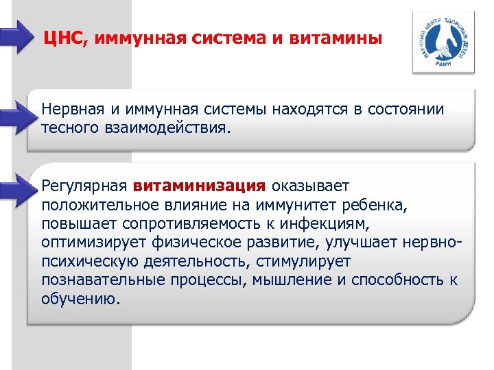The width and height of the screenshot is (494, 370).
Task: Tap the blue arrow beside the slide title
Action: coord(16,36)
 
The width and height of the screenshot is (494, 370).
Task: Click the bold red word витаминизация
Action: coord(200,186)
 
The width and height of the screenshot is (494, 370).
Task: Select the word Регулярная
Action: coord(84,186)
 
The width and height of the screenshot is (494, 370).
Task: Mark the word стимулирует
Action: coord(296,261)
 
